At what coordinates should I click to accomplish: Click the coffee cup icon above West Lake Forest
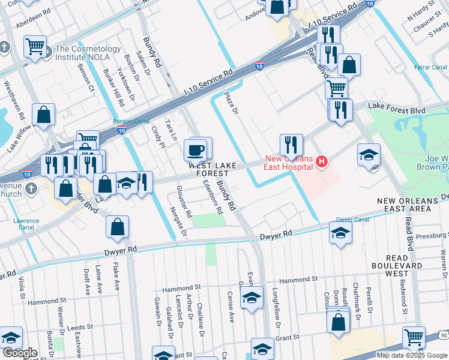click(197, 149)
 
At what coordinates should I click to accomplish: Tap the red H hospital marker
click(322, 161)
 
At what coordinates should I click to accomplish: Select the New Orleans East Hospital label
click(289, 163)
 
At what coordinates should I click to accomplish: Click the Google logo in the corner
click(20, 353)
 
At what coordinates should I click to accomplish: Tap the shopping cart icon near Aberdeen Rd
click(35, 46)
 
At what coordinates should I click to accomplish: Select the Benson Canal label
click(131, 121)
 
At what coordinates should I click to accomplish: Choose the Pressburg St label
click(427, 236)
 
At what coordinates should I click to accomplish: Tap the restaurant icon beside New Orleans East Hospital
click(291, 145)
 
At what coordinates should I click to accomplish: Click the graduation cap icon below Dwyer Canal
click(340, 233)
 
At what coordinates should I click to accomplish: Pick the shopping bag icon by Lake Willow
click(44, 115)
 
